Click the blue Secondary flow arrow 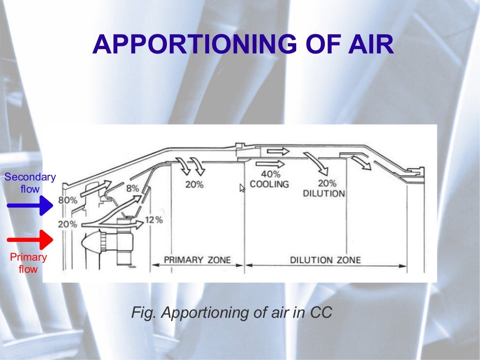click(x=30, y=205)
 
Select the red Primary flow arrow click(x=30, y=240)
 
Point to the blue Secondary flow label click(x=30, y=183)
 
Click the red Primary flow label click(x=28, y=262)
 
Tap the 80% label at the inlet click(x=68, y=201)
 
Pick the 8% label click(x=133, y=188)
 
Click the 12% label click(x=154, y=220)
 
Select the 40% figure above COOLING click(x=270, y=174)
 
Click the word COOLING click(x=270, y=184)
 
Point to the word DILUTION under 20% click(x=324, y=194)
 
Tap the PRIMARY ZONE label click(x=197, y=260)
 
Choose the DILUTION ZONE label click(x=325, y=260)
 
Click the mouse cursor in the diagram click(x=242, y=187)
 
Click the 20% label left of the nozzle click(x=67, y=225)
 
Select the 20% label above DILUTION click(x=327, y=183)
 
